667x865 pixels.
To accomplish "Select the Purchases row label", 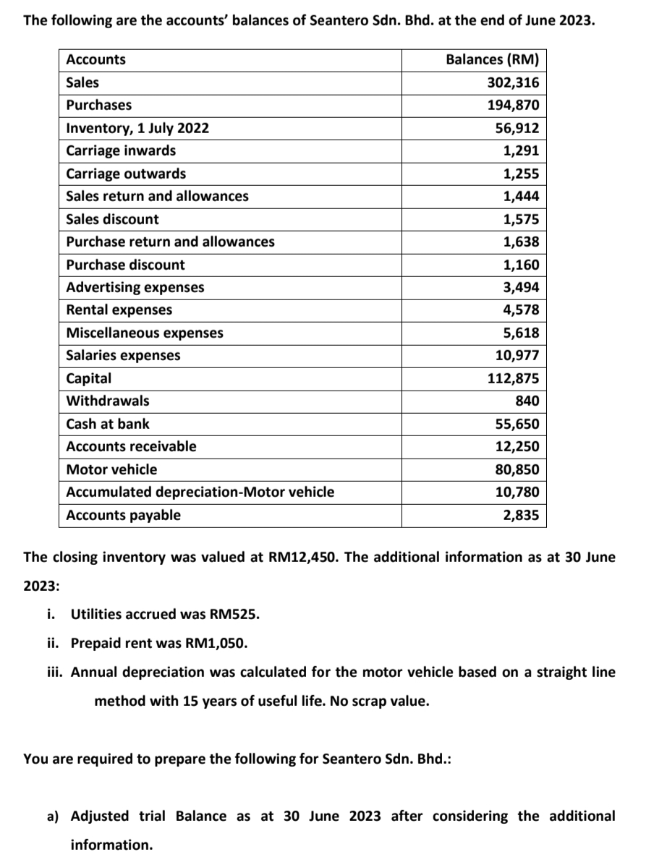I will pyautogui.click(x=99, y=105).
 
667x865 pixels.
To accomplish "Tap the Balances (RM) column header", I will pyautogui.click(x=492, y=59).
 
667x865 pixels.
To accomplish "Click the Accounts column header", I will pyautogui.click(x=95, y=59).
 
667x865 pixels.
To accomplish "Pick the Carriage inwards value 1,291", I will pyautogui.click(x=521, y=150).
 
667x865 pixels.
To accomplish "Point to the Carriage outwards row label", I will pyautogui.click(x=126, y=174).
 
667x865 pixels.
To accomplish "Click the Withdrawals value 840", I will pyautogui.click(x=526, y=401).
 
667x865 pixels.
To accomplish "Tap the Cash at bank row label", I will pyautogui.click(x=108, y=424).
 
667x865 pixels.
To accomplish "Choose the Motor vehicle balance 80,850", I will pyautogui.click(x=517, y=469).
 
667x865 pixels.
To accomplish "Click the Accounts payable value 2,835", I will pyautogui.click(x=521, y=515).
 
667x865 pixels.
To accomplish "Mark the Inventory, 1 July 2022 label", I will pyautogui.click(x=137, y=128).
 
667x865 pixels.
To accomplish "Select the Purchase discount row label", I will pyautogui.click(x=125, y=265).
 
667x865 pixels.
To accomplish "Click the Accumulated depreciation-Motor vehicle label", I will pyautogui.click(x=200, y=492).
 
